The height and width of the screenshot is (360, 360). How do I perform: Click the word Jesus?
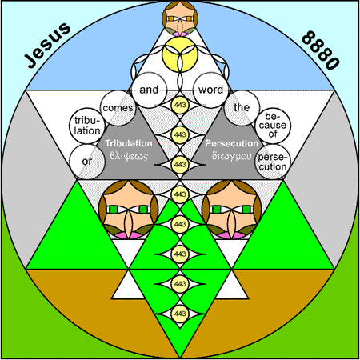pyautogui.click(x=47, y=45)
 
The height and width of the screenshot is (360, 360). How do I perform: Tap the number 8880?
pyautogui.click(x=321, y=50)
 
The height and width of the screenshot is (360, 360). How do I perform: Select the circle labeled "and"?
pyautogui.click(x=149, y=90)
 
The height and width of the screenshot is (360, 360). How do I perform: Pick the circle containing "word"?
pyautogui.click(x=211, y=90)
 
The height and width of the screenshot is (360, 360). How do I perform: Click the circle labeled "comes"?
pyautogui.click(x=118, y=108)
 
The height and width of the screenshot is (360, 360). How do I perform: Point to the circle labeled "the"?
pyautogui.click(x=242, y=107)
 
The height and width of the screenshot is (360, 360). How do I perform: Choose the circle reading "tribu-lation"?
pyautogui.click(x=87, y=126)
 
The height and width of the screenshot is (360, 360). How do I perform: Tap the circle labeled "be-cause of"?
pyautogui.click(x=273, y=126)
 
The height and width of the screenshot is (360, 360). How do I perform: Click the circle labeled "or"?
pyautogui.click(x=87, y=162)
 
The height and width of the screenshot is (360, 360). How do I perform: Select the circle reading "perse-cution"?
pyautogui.click(x=273, y=162)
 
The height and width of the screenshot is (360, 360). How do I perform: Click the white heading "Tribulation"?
pyautogui.click(x=129, y=143)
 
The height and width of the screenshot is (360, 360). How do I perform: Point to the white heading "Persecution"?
pyautogui.click(x=232, y=143)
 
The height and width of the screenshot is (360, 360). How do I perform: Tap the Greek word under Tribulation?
pyautogui.click(x=129, y=156)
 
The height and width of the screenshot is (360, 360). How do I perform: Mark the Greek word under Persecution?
pyautogui.click(x=231, y=156)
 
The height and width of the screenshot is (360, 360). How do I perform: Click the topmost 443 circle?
pyautogui.click(x=180, y=105)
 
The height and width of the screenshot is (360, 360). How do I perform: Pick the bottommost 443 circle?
pyautogui.click(x=180, y=314)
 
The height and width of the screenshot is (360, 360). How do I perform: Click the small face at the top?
pyautogui.click(x=180, y=18)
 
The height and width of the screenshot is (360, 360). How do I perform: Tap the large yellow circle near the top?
pyautogui.click(x=180, y=54)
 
